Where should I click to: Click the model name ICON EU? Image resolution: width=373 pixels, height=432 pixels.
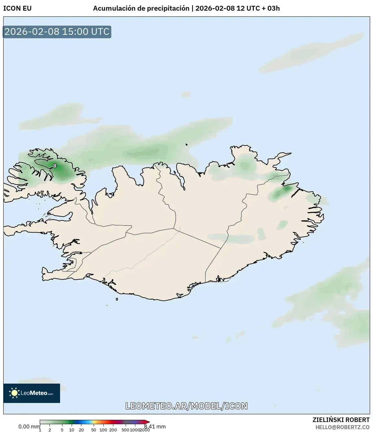tap(17, 8)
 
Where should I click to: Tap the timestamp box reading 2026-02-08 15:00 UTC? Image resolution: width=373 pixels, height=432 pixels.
tap(57, 32)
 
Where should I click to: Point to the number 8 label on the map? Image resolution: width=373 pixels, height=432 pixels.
tap(55, 166)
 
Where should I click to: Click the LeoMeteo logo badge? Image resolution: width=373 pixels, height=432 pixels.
tap(32, 393)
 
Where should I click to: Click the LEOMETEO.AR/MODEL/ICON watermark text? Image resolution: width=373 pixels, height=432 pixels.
tap(186, 406)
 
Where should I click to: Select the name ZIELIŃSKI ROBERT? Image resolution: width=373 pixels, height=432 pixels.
tap(341, 420)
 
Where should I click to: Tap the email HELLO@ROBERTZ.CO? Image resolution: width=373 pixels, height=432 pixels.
tap(342, 427)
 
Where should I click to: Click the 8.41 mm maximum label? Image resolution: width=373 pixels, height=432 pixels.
tap(155, 427)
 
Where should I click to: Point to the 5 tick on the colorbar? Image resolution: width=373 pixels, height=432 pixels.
tap(62, 430)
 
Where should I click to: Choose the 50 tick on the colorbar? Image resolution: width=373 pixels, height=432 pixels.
tap(93, 430)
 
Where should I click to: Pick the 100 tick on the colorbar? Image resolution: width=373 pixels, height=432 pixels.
tap(103, 430)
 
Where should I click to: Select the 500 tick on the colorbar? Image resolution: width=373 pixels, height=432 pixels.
tap(125, 430)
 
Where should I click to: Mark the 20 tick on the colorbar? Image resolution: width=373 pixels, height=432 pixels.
tap(81, 430)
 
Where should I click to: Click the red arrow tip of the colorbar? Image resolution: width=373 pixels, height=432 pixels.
tap(148, 422)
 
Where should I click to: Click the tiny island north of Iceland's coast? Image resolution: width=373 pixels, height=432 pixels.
tap(187, 145)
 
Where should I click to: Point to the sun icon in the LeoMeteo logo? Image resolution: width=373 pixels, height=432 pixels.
tap(14, 393)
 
